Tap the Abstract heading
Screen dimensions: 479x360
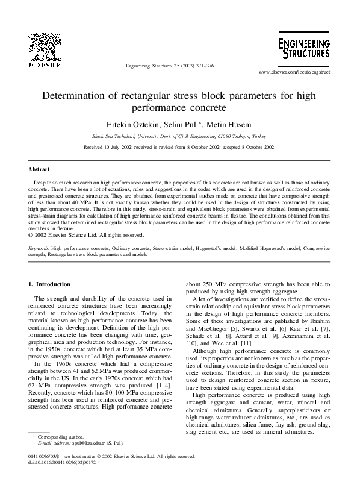[39, 170]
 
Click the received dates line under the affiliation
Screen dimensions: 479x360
[179, 146]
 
